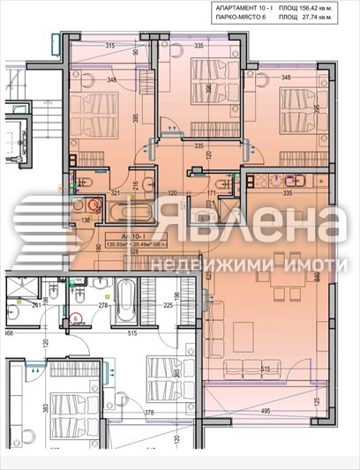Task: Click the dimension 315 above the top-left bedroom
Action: coord(111,46)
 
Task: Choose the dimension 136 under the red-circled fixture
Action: coord(86,222)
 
